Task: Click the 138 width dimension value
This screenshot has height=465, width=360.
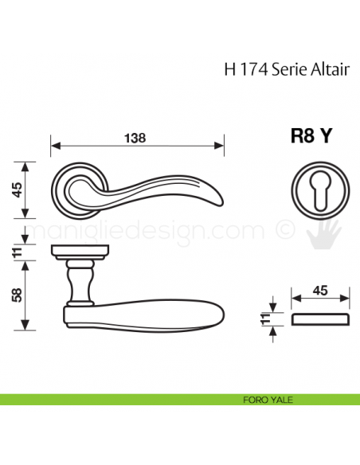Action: click(136, 137)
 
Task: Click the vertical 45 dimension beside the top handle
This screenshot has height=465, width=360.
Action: click(17, 190)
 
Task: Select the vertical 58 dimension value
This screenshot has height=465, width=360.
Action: click(17, 295)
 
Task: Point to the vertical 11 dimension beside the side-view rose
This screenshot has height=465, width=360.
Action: click(17, 253)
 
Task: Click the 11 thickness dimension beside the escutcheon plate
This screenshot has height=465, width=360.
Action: click(265, 320)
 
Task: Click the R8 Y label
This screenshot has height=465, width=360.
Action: click(311, 136)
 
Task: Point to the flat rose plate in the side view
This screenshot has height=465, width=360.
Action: click(79, 253)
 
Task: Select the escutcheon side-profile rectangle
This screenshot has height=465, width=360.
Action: click(320, 320)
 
